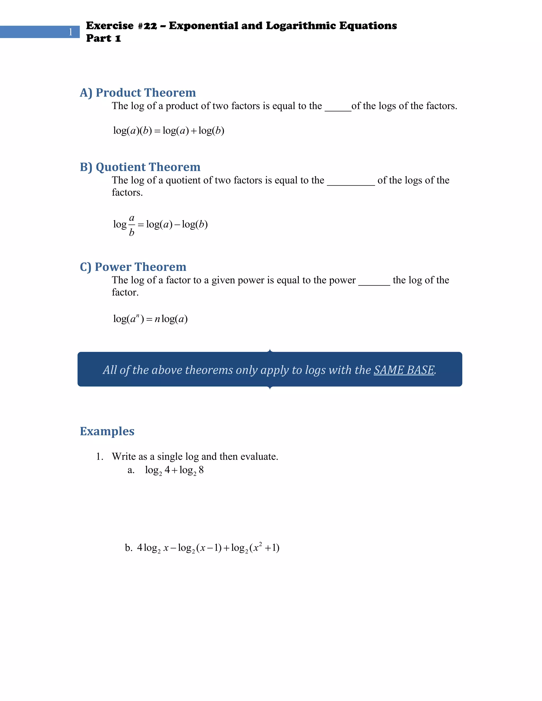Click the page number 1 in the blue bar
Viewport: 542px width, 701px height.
tap(70, 32)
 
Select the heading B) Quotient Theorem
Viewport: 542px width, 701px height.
tap(140, 167)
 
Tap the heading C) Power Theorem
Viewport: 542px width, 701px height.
tap(133, 267)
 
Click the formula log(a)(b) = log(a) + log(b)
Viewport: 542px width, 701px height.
tap(169, 131)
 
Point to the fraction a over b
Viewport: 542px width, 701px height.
tap(131, 225)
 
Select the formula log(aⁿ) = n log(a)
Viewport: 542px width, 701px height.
tap(150, 319)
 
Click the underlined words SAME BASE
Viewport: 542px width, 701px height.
tap(404, 370)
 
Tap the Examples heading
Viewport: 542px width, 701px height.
tap(107, 431)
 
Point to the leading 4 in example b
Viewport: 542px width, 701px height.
tap(140, 548)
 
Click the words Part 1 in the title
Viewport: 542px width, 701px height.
tap(103, 38)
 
